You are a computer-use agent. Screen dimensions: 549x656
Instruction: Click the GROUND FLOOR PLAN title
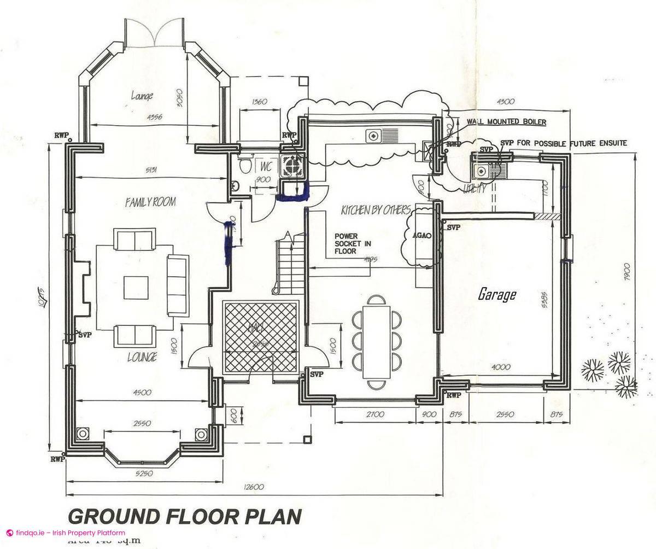click(x=184, y=516)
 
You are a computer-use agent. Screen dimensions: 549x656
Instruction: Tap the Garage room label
click(x=497, y=295)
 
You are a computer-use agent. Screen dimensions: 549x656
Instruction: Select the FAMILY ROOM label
click(x=150, y=202)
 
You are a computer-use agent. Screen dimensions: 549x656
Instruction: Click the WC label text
click(x=266, y=166)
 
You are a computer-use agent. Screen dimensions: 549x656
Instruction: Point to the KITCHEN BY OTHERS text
click(x=376, y=210)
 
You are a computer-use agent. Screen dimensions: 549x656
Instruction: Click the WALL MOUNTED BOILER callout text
click(x=506, y=121)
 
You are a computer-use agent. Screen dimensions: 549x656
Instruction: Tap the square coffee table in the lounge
click(x=135, y=287)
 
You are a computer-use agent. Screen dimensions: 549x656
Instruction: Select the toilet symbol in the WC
click(x=245, y=164)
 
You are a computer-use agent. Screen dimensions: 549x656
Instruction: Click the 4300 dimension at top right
click(x=506, y=102)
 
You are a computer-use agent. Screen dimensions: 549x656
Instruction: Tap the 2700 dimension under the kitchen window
click(x=376, y=414)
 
